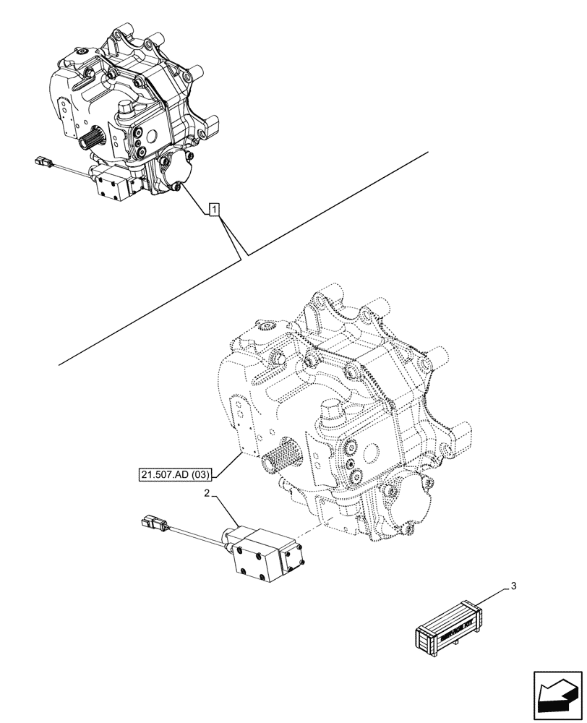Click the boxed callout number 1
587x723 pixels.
point(215,210)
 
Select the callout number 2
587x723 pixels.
point(208,493)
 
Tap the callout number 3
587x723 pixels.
point(513,586)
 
